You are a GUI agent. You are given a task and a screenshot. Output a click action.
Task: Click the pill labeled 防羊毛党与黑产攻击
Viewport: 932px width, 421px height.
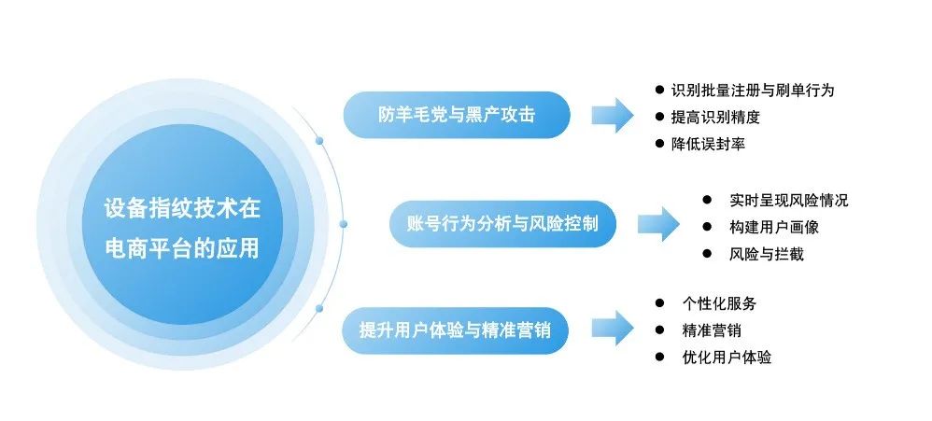[457, 115]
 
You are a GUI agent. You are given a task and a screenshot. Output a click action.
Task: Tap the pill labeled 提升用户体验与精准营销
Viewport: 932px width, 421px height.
[455, 330]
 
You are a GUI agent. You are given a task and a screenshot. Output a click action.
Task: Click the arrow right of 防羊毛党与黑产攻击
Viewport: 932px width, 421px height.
[612, 115]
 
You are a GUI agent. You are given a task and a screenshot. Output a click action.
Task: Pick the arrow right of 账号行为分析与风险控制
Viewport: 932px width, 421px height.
[658, 224]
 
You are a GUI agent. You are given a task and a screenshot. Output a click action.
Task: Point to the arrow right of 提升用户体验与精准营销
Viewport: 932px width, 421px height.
[612, 329]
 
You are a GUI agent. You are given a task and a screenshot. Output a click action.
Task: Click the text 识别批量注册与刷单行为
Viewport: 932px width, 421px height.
[752, 91]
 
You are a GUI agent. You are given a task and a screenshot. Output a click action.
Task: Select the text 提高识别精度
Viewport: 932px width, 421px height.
[715, 118]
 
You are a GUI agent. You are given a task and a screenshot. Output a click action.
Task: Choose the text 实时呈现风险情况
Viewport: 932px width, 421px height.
[789, 200]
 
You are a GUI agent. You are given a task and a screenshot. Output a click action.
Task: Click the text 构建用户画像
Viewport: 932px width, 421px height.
[774, 227]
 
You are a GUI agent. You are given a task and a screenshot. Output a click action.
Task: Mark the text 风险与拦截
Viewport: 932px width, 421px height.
[767, 254]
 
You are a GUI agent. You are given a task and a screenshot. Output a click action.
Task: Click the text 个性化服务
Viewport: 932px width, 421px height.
[719, 303]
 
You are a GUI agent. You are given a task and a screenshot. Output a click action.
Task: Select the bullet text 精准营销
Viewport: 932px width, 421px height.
[712, 330]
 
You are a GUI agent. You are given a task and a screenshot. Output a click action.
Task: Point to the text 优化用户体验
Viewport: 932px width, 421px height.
[727, 358]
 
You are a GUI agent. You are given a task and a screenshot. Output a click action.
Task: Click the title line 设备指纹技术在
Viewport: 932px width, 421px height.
[182, 208]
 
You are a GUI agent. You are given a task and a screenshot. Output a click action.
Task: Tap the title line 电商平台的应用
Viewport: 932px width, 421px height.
[182, 250]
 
